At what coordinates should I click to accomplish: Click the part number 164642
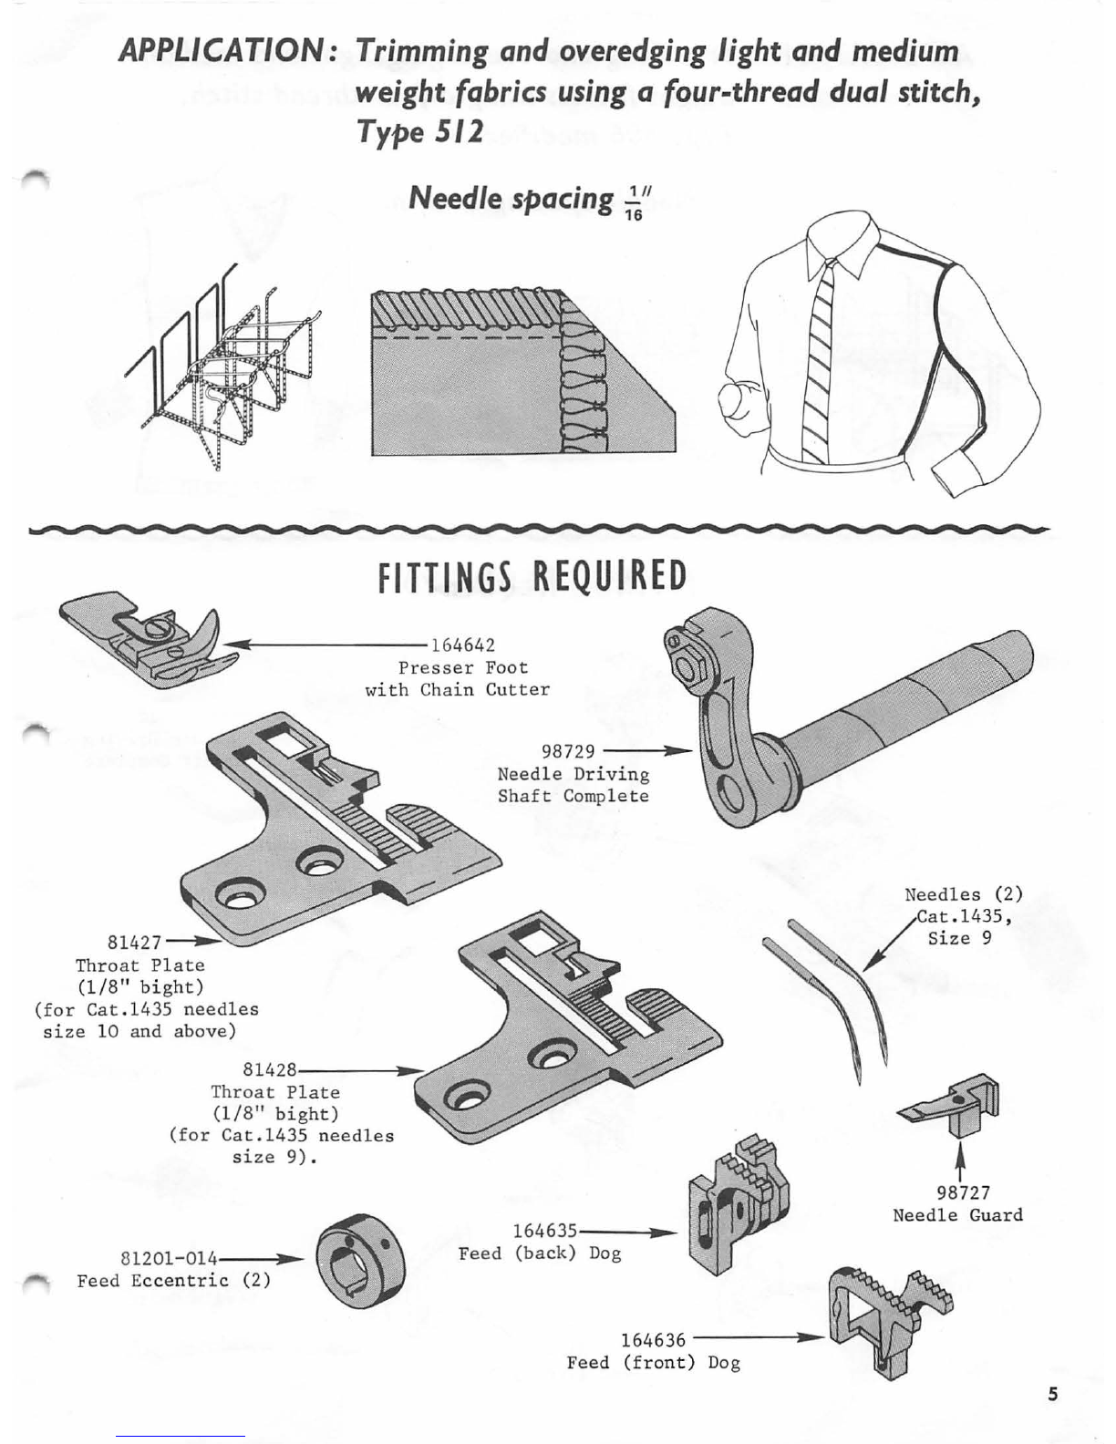tap(462, 646)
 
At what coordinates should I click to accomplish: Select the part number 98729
tap(568, 751)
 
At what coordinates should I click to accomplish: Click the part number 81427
tap(134, 942)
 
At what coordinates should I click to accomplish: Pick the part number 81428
tap(270, 1069)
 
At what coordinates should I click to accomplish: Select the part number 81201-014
tap(170, 1258)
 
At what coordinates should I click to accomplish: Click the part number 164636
tap(653, 1340)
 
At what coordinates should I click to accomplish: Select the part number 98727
tap(963, 1192)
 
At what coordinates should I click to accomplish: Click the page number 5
tap(1053, 1394)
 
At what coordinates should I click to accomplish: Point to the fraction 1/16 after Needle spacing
tap(635, 201)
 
